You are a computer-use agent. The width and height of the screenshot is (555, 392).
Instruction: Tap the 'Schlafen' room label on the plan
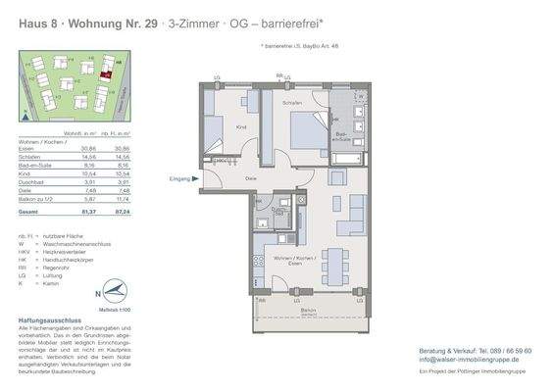291,103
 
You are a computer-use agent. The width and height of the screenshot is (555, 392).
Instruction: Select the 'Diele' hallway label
251,179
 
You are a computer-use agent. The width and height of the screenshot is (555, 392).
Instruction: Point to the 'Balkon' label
309,311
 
